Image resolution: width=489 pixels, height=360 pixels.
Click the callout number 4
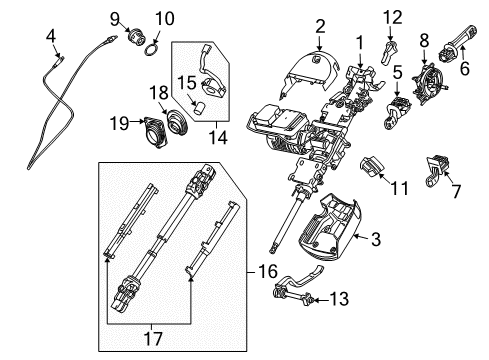click(x=51, y=36)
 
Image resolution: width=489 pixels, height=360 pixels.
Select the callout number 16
click(x=268, y=271)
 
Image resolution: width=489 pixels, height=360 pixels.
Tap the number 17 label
click(x=153, y=338)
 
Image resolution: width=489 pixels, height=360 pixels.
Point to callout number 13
click(x=339, y=299)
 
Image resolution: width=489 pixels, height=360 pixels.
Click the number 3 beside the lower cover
click(x=376, y=239)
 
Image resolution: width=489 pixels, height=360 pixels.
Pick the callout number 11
click(x=399, y=188)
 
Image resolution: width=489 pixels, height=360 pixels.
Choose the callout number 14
click(x=218, y=137)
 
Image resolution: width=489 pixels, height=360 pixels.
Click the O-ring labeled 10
click(x=152, y=50)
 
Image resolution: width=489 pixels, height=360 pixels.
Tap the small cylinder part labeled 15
click(x=199, y=108)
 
